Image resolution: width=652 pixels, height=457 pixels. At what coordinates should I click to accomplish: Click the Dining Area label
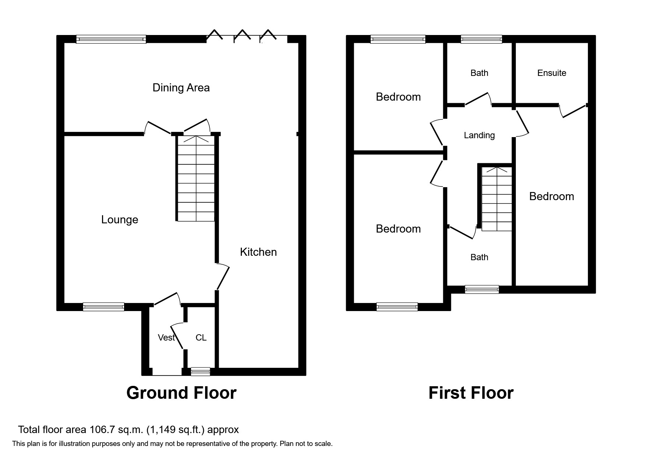tap(181, 88)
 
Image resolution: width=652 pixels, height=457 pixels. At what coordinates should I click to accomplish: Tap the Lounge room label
tap(120, 220)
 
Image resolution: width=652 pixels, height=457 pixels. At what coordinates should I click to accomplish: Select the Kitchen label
tap(258, 252)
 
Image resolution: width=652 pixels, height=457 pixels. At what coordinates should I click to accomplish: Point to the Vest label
tap(166, 338)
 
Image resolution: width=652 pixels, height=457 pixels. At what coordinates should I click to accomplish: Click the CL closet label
tap(201, 338)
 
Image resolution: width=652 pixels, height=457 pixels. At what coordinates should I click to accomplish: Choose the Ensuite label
tap(551, 73)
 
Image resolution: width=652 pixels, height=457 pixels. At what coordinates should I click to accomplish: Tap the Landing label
tap(479, 135)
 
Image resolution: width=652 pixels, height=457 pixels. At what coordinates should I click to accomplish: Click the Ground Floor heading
tap(181, 393)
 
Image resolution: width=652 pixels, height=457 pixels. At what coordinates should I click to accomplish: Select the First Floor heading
tap(471, 393)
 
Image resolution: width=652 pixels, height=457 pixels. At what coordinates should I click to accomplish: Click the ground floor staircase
tap(196, 178)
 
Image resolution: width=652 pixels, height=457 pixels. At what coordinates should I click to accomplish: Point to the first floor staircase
tap(497, 199)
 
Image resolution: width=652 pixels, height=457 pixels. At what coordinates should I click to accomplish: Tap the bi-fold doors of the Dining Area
tap(247, 36)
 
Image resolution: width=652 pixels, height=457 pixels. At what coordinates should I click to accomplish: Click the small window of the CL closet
tap(200, 371)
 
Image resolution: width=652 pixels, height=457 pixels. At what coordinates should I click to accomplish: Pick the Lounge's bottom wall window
tap(103, 307)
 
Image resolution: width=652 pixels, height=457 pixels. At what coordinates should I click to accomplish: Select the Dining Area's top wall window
tap(111, 39)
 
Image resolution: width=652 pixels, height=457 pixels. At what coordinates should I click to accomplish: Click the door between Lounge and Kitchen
tap(222, 276)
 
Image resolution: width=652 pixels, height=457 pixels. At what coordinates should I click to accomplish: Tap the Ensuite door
tap(572, 111)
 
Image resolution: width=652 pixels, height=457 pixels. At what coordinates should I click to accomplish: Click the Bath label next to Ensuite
tap(479, 73)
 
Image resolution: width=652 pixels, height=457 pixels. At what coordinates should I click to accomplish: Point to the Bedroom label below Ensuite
tap(551, 196)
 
